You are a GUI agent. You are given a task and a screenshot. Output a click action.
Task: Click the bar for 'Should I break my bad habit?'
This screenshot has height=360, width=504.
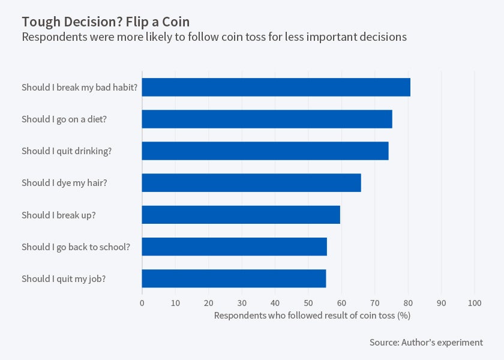pyautogui.click(x=276, y=87)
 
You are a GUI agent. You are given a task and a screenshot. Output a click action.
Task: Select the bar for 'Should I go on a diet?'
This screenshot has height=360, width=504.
pyautogui.click(x=267, y=119)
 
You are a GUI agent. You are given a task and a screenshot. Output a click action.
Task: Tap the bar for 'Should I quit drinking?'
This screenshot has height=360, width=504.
pyautogui.click(x=265, y=151)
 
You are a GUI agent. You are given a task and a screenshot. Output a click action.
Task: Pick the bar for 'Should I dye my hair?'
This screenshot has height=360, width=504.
pyautogui.click(x=251, y=182)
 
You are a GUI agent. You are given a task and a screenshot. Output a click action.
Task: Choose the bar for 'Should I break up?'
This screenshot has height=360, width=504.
pyautogui.click(x=241, y=215)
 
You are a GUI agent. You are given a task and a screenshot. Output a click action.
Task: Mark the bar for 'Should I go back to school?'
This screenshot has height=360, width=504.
pyautogui.click(x=234, y=247)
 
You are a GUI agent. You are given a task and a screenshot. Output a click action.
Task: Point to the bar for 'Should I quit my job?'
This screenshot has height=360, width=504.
pyautogui.click(x=234, y=278)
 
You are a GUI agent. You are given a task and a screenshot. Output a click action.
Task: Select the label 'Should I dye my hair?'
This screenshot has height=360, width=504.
pyautogui.click(x=64, y=182)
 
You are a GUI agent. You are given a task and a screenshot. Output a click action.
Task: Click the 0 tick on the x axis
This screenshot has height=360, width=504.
pyautogui.click(x=142, y=302)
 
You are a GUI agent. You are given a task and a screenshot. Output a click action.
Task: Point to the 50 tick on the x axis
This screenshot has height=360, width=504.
pyautogui.click(x=308, y=302)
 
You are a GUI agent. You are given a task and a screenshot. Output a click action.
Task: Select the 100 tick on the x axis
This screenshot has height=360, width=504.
pyautogui.click(x=475, y=302)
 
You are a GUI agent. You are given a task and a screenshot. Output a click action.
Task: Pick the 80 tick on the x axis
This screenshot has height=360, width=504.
pyautogui.click(x=408, y=302)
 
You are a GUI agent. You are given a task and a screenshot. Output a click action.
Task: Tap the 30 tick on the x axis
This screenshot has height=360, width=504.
pyautogui.click(x=242, y=302)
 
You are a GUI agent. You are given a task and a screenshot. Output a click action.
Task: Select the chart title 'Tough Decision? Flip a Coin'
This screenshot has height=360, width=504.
pyautogui.click(x=106, y=22)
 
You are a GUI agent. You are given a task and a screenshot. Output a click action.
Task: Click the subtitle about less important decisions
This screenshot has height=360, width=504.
pyautogui.click(x=214, y=37)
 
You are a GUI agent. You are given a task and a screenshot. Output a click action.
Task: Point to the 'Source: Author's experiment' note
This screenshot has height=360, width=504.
pyautogui.click(x=426, y=343)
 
